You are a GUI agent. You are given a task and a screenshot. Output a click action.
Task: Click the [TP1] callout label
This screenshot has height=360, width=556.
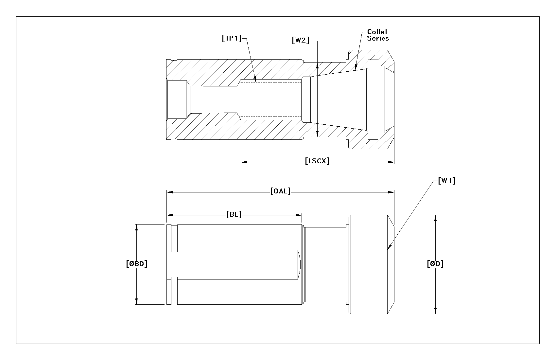[232, 38]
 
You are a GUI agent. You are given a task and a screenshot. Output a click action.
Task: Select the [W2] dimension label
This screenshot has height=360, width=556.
[301, 40]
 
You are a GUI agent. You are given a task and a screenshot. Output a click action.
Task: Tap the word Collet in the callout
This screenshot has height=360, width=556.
[377, 32]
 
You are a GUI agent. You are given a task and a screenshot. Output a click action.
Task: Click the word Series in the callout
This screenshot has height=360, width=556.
[378, 38]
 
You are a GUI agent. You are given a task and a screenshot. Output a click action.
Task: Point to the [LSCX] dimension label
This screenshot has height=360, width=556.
[317, 161]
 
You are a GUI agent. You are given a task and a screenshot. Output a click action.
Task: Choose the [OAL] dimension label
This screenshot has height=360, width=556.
[280, 191]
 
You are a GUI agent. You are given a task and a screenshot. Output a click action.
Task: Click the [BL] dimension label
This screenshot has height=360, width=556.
[234, 214]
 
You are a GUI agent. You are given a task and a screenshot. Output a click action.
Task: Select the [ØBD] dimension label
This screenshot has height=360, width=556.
[137, 263]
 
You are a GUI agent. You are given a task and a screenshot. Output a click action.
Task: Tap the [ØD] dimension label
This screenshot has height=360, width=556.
[435, 263]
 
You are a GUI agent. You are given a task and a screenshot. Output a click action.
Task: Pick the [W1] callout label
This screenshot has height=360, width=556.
[447, 181]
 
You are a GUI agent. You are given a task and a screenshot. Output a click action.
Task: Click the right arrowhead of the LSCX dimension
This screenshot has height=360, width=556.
[391, 162]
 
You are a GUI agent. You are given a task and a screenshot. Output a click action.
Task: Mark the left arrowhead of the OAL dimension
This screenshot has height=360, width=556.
[170, 192]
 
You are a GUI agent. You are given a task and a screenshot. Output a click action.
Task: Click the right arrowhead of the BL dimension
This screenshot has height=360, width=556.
[299, 215]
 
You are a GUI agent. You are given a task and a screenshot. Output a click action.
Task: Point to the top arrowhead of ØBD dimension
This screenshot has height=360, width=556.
[136, 227]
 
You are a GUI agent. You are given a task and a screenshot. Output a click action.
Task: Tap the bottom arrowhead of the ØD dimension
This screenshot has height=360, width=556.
[435, 311]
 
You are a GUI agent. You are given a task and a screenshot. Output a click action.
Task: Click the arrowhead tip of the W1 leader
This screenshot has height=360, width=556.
[388, 249]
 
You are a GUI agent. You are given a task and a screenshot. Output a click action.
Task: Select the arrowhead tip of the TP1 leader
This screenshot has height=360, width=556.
[256, 82]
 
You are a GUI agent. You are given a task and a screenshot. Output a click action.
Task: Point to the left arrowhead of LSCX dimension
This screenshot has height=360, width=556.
[244, 162]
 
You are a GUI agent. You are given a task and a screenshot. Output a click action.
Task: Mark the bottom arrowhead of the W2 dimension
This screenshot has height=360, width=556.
[317, 134]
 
